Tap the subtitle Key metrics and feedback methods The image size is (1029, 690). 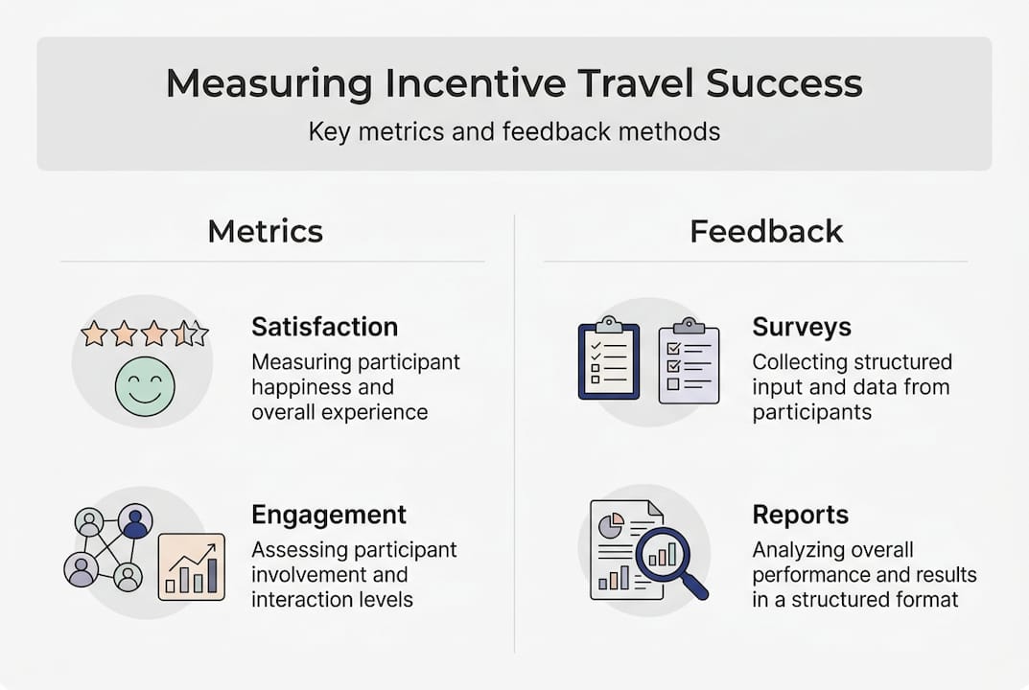click(x=514, y=130)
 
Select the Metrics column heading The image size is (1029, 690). click(x=265, y=231)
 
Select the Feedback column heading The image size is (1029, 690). click(x=766, y=231)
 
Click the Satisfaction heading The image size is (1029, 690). click(x=324, y=327)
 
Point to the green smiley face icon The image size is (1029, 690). click(x=145, y=387)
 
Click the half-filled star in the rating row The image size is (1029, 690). click(x=182, y=333)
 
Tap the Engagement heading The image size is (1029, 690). click(x=329, y=515)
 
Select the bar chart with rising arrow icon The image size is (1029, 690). click(x=191, y=566)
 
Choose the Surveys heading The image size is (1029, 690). click(x=801, y=327)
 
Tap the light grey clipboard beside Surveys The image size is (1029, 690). click(x=689, y=361)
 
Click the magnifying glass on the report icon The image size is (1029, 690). click(x=667, y=560)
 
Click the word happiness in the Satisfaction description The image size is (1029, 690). click(x=292, y=388)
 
